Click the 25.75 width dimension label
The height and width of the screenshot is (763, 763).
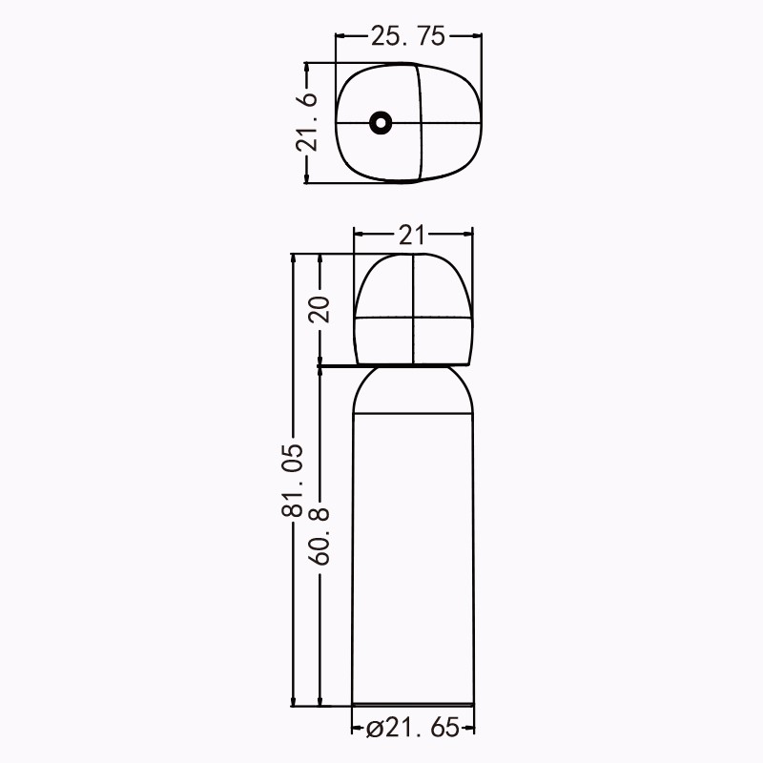click(408, 36)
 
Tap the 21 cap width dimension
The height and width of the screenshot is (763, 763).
click(412, 235)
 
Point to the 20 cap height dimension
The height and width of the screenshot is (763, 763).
click(320, 308)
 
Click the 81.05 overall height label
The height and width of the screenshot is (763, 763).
click(293, 480)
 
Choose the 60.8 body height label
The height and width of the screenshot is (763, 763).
click(320, 536)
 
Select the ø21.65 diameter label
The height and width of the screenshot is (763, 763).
click(413, 728)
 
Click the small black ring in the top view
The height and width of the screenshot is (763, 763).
click(381, 122)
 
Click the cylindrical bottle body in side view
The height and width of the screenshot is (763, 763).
click(413, 559)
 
